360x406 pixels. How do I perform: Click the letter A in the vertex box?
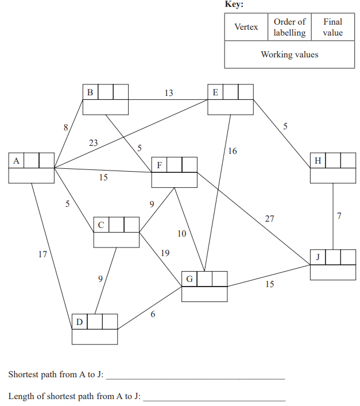pyautogui.click(x=16, y=161)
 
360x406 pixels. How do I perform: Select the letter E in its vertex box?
pyautogui.click(x=215, y=92)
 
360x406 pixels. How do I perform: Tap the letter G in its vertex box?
pyautogui.click(x=189, y=279)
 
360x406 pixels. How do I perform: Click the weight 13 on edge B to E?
pyautogui.click(x=169, y=93)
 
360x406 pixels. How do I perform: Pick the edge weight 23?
pyautogui.click(x=93, y=143)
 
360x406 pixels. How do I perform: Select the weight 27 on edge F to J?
pyautogui.click(x=269, y=218)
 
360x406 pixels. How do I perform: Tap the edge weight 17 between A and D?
pyautogui.click(x=42, y=254)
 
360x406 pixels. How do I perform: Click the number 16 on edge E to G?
pyautogui.click(x=232, y=152)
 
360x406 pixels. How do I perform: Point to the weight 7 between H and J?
pyautogui.click(x=339, y=216)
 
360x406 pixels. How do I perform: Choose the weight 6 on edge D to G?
pyautogui.click(x=153, y=313)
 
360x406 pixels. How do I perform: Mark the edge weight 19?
pyautogui.click(x=165, y=253)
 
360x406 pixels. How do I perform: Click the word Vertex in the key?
pyautogui.click(x=246, y=27)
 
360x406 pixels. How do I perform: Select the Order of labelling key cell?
pyautogui.click(x=289, y=27)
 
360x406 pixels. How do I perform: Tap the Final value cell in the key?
pyautogui.click(x=332, y=27)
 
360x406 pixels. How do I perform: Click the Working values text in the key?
pyautogui.click(x=289, y=55)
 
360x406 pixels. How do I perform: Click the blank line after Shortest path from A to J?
pyautogui.click(x=195, y=378)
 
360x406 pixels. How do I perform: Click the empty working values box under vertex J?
pyautogui.click(x=332, y=272)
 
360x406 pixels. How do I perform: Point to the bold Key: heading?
pyautogui.click(x=234, y=4)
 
